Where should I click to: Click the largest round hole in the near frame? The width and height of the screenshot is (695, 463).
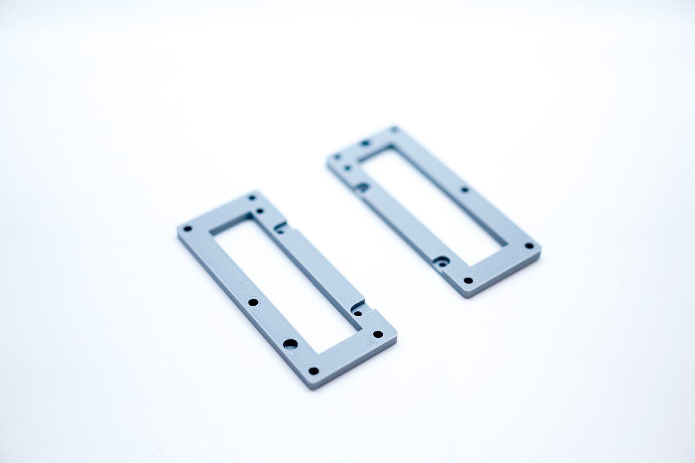click(x=290, y=344)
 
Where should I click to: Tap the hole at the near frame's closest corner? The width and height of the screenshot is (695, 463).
click(x=314, y=371)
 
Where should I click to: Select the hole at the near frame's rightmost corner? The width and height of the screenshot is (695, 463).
click(x=378, y=334)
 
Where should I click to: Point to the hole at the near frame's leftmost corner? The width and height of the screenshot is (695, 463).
click(x=188, y=229)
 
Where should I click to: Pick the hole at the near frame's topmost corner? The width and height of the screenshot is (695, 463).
click(x=251, y=197)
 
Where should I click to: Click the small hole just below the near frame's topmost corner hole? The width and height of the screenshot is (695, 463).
click(x=261, y=211)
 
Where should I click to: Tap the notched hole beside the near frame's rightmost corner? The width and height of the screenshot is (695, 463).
click(x=358, y=313)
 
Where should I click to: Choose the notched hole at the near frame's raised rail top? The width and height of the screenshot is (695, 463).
click(x=278, y=231)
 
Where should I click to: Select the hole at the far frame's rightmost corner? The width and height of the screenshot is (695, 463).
click(x=529, y=246)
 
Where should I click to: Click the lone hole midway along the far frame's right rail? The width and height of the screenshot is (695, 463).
click(x=464, y=190)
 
